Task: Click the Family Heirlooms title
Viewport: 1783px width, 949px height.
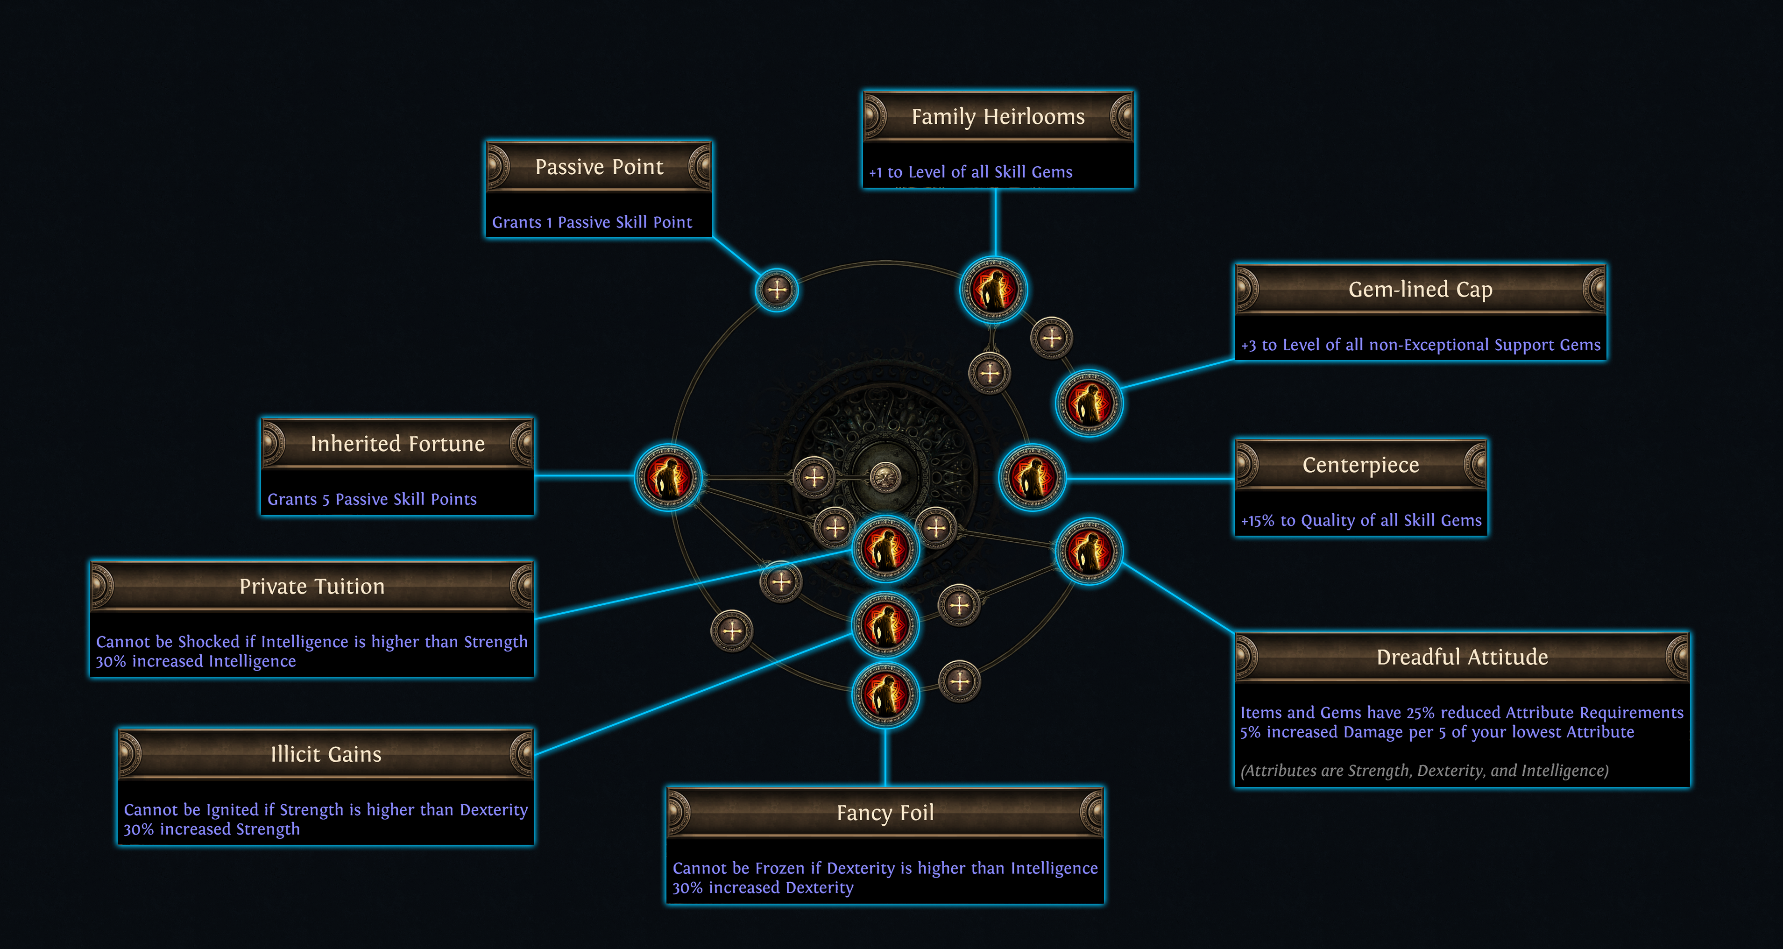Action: (x=998, y=117)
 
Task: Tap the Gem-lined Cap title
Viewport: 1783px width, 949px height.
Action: (x=1420, y=290)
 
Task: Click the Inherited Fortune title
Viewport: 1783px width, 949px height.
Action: (x=397, y=444)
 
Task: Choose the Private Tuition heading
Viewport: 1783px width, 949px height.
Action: (x=311, y=586)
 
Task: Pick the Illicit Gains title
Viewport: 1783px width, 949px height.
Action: (x=325, y=754)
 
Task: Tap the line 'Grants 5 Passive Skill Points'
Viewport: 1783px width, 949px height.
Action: (x=372, y=500)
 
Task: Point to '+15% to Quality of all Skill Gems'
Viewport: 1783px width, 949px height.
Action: (x=1361, y=521)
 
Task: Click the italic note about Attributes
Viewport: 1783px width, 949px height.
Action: (x=1424, y=771)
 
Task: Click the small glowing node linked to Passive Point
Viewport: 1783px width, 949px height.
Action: (x=777, y=290)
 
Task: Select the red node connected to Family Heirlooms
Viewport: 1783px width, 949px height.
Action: (x=993, y=290)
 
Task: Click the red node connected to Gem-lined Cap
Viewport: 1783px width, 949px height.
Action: (x=1089, y=403)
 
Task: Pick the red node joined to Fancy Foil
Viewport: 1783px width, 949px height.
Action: (x=885, y=695)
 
